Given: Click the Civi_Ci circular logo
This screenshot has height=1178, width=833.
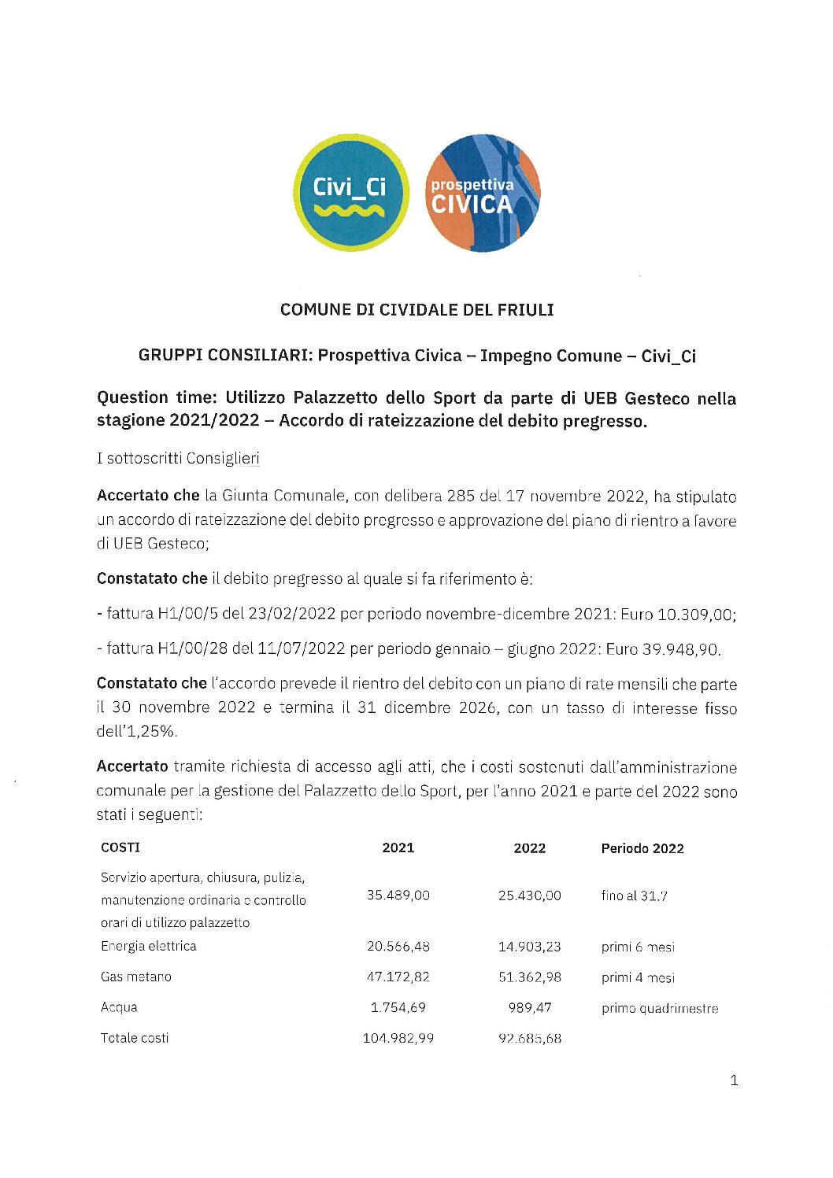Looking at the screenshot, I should [x=350, y=193].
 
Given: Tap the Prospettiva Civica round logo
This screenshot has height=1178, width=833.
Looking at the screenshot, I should [x=482, y=194].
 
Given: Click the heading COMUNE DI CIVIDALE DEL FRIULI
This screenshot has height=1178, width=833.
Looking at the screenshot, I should [x=416, y=310].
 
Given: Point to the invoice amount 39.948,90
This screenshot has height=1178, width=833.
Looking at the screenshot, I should [x=680, y=649].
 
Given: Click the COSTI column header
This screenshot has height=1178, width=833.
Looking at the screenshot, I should [x=120, y=847].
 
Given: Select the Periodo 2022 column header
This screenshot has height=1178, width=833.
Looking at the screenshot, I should [x=642, y=848].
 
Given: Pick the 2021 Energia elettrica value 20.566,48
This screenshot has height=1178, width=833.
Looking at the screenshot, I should [x=398, y=947].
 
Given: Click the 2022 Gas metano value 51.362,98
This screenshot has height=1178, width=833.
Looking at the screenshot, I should [x=530, y=977].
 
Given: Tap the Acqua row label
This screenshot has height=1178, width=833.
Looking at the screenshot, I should [x=119, y=1007].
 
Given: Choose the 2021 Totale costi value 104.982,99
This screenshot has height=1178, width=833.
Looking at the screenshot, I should [x=398, y=1039].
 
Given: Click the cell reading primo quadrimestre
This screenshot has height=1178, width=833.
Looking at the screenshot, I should [x=660, y=1009].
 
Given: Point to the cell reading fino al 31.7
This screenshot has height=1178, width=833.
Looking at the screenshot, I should [x=634, y=896].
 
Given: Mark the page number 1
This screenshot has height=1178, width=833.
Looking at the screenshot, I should [x=734, y=1080].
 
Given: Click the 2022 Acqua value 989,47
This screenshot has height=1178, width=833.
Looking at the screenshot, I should [x=530, y=1008].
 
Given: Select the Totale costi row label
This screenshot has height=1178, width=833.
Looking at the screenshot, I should [x=135, y=1039].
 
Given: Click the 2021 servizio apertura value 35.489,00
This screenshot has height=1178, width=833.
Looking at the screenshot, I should [x=398, y=896].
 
